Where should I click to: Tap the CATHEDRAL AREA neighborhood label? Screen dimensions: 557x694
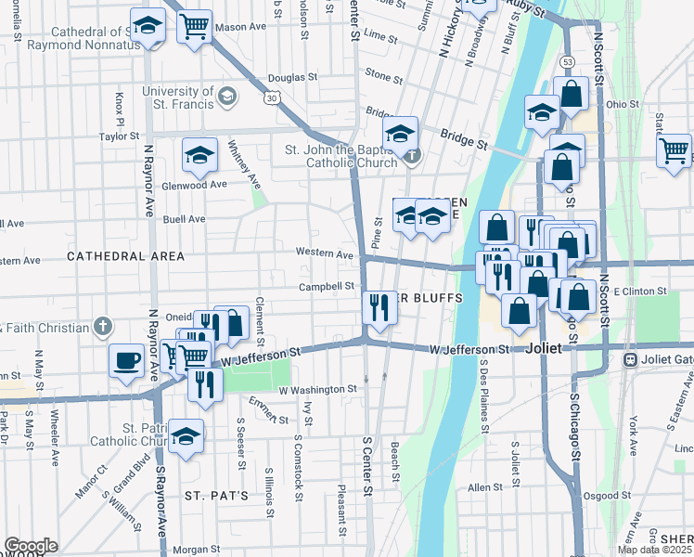126,255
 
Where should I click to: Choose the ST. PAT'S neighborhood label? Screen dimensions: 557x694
215,495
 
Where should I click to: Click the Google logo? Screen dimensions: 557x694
31,546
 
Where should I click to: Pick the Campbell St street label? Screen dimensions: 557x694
327,287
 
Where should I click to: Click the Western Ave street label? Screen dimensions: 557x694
325,253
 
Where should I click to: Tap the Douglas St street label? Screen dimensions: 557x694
293,79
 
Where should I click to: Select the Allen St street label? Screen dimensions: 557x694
484,487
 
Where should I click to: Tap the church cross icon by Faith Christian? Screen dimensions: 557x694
102,327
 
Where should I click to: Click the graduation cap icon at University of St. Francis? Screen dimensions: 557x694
225,96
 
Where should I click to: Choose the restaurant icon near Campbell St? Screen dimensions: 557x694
379,306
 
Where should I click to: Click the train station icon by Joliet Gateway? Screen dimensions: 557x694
630,358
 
